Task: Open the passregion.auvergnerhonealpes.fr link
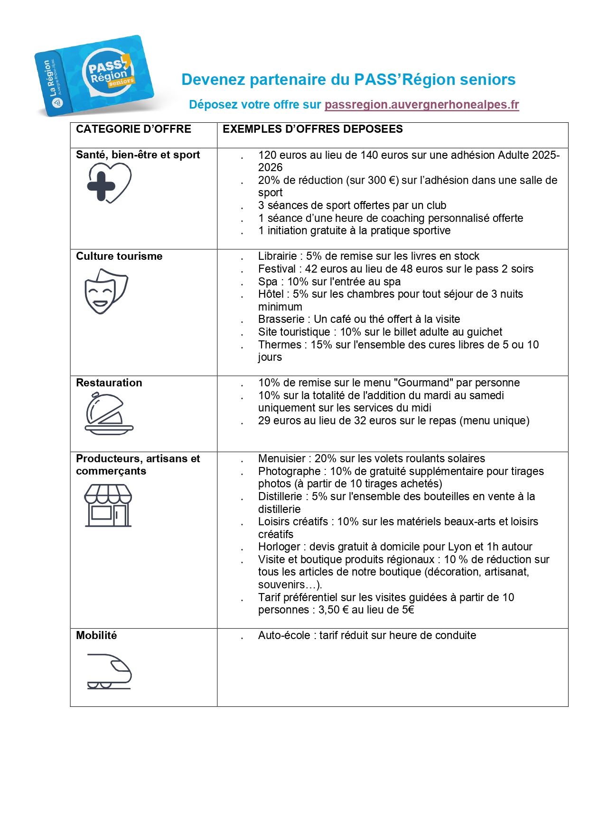[x=421, y=105]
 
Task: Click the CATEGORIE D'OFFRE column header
[x=133, y=129]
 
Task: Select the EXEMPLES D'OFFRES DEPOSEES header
[x=312, y=129]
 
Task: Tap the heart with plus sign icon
[x=109, y=183]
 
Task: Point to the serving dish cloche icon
[x=109, y=414]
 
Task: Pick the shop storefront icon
[x=108, y=505]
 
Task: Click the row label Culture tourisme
[x=119, y=256]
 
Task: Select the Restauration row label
[x=109, y=383]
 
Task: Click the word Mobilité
[x=96, y=636]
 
